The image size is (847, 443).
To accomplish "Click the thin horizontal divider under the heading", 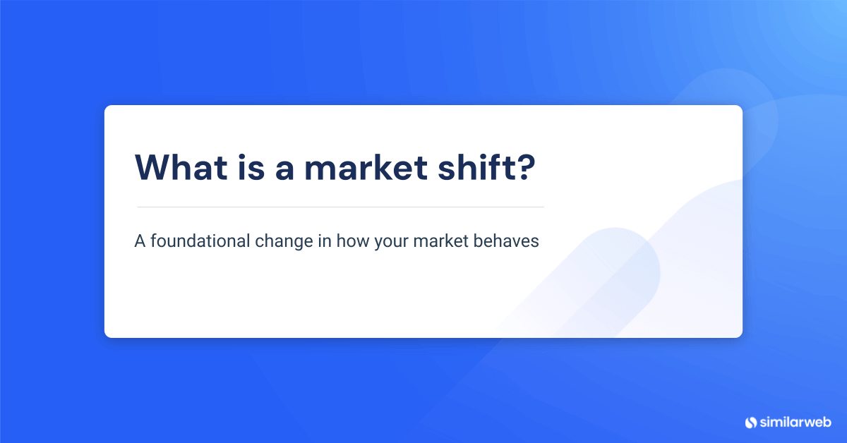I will pyautogui.click(x=340, y=207).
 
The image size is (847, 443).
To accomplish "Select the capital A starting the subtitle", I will pyautogui.click(x=139, y=241).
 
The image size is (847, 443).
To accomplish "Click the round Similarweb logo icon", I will pyautogui.click(x=750, y=422).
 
